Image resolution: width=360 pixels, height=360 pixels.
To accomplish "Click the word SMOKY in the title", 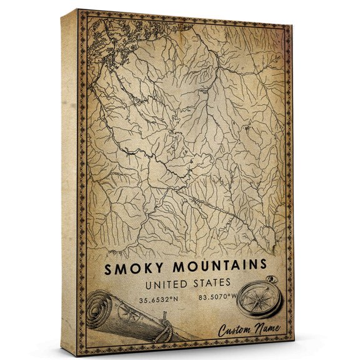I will coord(132,269).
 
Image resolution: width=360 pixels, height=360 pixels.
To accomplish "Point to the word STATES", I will coord(212,284).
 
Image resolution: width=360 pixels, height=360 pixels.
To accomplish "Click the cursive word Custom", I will coord(237,331).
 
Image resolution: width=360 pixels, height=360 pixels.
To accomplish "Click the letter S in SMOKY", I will coord(109,270).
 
